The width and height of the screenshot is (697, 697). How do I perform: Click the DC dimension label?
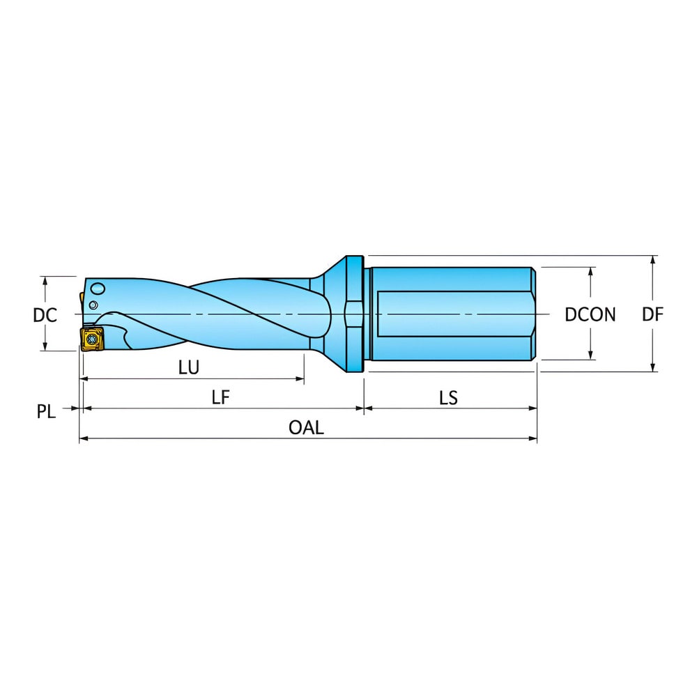pos(45,315)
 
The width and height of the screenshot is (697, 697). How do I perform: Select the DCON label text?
pos(590,315)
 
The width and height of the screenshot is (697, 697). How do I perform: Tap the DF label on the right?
pos(652,315)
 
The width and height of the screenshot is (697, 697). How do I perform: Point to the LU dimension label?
pos(188,368)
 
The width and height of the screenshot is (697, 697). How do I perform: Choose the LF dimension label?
pos(221,397)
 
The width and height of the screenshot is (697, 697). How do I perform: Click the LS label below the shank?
pos(448,397)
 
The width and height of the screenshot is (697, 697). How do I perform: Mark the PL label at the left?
pos(46,412)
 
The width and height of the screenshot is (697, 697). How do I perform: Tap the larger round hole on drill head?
pos(98,289)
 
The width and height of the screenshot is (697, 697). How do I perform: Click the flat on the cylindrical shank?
pos(453,315)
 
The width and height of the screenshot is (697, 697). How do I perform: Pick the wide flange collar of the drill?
pos(354,315)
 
